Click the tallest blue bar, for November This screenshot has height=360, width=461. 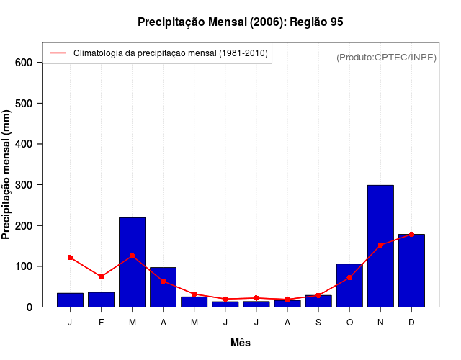point(380,246)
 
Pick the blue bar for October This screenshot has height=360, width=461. point(349,285)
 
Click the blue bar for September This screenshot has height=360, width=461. point(318,301)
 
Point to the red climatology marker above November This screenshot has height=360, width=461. point(380,245)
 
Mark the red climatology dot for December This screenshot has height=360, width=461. point(411,234)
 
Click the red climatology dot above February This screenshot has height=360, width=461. point(101,276)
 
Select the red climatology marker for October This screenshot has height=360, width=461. point(349,277)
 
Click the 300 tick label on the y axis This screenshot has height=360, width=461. point(24,185)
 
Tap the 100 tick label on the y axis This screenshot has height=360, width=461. point(24,266)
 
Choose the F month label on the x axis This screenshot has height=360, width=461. point(101,323)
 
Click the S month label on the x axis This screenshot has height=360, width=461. point(318,323)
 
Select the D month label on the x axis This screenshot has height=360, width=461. point(411,323)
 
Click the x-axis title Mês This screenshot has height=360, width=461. point(241,343)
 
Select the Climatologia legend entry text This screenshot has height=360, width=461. point(171,53)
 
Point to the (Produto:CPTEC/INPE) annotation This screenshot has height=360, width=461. point(386,57)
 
